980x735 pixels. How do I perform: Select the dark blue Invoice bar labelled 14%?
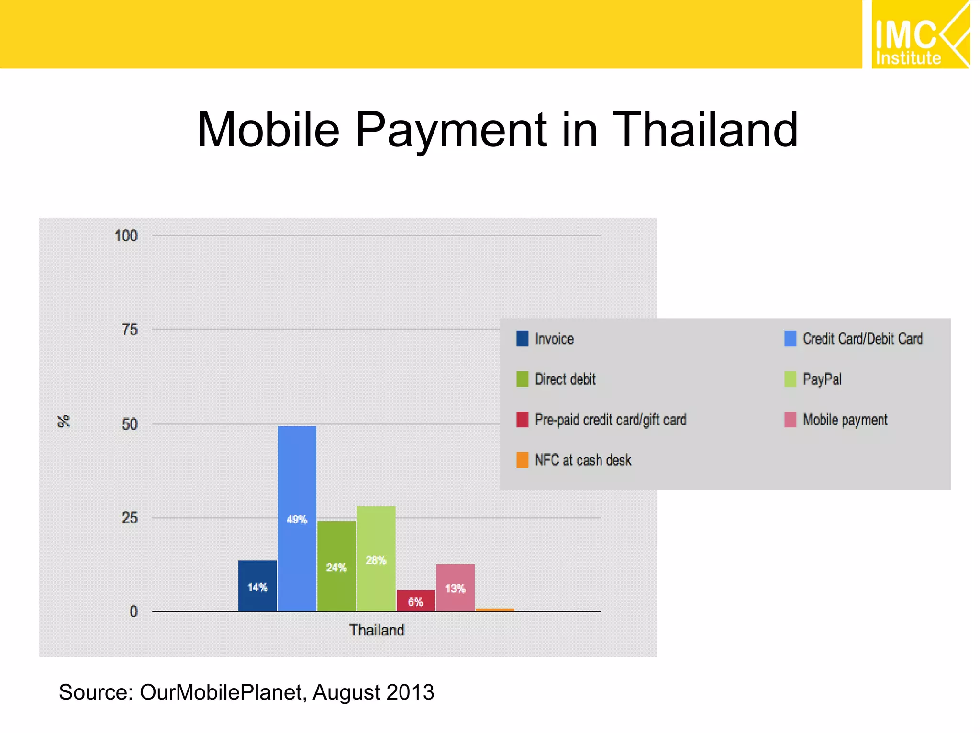tap(257, 586)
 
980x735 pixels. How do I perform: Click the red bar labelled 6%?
tap(415, 601)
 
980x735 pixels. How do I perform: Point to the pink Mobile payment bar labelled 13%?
tap(455, 588)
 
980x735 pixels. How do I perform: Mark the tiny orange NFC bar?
tap(495, 610)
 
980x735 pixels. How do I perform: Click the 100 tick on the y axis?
tap(126, 235)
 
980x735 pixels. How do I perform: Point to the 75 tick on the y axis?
tap(129, 329)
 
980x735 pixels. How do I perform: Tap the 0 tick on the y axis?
tap(134, 611)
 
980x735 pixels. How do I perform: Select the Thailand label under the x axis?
tap(377, 630)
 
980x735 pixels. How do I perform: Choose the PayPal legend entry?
tap(822, 379)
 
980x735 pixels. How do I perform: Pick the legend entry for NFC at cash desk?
tap(582, 460)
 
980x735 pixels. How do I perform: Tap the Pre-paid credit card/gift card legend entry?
tap(610, 420)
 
